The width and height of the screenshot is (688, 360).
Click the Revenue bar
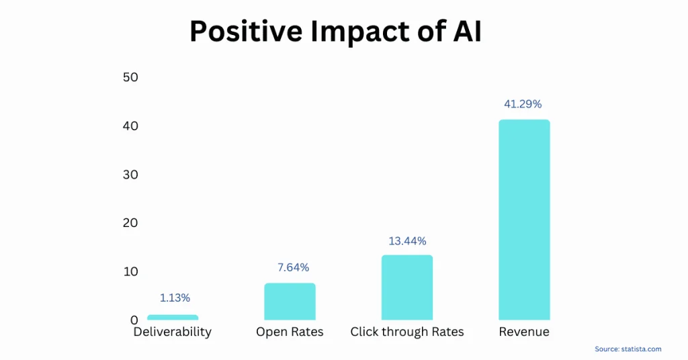(x=524, y=220)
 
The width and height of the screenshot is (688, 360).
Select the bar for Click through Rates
(x=407, y=287)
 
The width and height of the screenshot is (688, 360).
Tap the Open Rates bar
(x=290, y=302)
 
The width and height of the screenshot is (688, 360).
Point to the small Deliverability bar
(x=173, y=317)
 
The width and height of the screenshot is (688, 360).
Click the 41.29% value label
(x=523, y=104)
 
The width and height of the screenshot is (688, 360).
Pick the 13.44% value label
(x=407, y=240)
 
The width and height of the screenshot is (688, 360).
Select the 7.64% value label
(x=293, y=267)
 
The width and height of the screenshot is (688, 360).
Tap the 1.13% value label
(x=175, y=298)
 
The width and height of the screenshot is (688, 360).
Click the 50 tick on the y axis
(x=130, y=77)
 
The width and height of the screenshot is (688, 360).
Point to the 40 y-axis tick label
(x=130, y=126)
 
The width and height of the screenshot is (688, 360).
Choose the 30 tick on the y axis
(x=130, y=175)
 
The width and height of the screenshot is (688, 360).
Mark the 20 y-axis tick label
(x=130, y=223)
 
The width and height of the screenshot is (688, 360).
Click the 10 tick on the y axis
(x=130, y=271)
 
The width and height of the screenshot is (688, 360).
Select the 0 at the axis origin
(x=134, y=320)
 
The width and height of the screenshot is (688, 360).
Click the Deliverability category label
(x=172, y=332)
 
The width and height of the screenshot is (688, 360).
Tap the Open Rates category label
(x=290, y=332)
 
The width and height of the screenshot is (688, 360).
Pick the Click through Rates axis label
(x=407, y=332)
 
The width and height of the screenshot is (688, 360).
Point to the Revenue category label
(x=524, y=332)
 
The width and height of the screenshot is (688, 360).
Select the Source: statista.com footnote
(x=628, y=349)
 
